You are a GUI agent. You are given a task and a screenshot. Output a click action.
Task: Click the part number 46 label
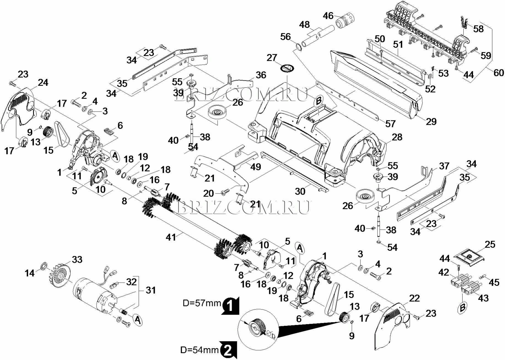[x=328, y=16]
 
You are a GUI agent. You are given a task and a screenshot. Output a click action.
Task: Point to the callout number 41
[x=171, y=237]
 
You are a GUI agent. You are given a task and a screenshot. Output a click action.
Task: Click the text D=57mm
[x=202, y=303]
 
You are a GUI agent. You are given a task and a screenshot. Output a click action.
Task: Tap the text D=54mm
[x=199, y=350]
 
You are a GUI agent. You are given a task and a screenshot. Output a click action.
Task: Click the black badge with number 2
[x=228, y=350]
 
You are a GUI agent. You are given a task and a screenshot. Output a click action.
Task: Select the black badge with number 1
[x=230, y=306]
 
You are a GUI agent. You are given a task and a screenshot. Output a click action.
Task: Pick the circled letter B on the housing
[x=318, y=101]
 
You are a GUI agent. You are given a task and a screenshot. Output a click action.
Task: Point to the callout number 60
[x=499, y=73]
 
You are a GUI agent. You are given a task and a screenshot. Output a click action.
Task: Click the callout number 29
[x=431, y=121]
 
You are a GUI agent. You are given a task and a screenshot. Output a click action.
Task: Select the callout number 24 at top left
[x=43, y=82]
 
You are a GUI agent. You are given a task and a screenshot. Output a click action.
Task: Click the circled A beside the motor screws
[x=137, y=320]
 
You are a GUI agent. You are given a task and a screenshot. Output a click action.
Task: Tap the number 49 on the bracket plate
[x=256, y=166]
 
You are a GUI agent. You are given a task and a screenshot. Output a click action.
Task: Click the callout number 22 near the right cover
[x=414, y=298]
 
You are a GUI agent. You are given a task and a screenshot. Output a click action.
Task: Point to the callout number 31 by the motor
[x=151, y=290]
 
